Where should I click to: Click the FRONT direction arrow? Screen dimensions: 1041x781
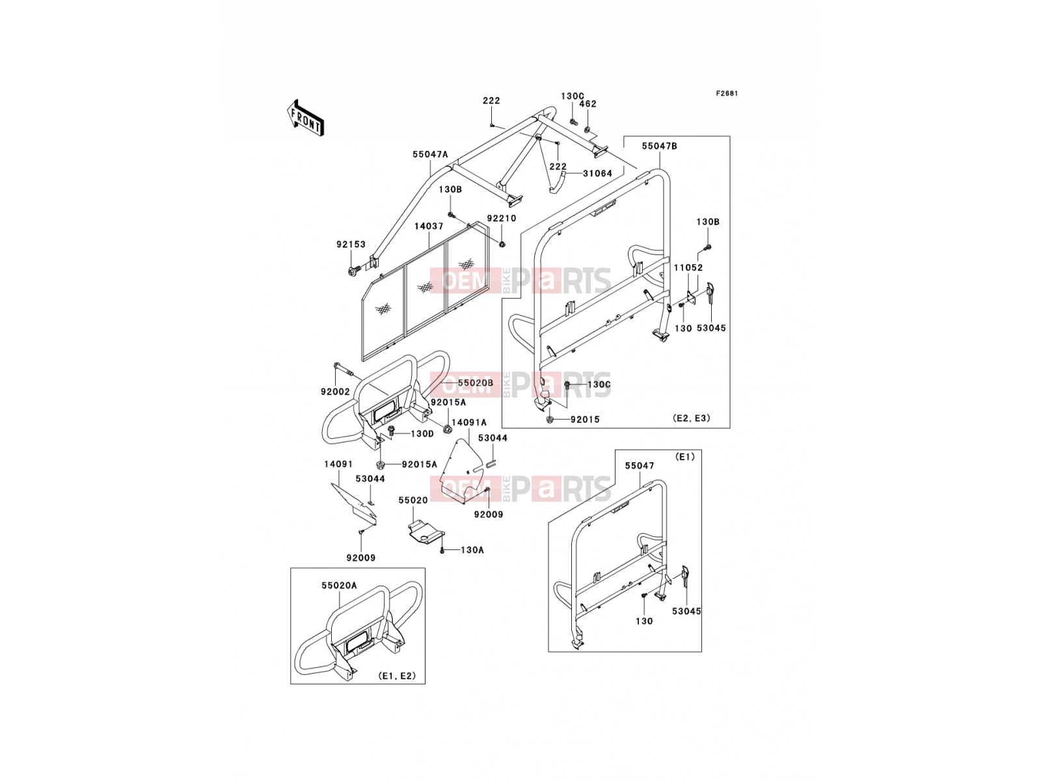coord(305,118)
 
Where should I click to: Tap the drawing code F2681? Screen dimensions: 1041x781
coord(727,94)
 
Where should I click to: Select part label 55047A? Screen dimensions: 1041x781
coord(430,154)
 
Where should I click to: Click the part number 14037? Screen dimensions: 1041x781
coord(429,226)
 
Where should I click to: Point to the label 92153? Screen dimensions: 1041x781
coord(351,245)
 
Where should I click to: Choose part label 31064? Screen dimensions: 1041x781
coord(597,174)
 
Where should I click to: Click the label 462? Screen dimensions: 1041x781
coord(588,104)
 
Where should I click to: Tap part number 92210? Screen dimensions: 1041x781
coord(501,219)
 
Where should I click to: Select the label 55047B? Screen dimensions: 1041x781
coord(659,146)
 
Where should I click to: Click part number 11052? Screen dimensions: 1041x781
coord(688,268)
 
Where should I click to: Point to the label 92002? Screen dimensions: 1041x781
coord(335,392)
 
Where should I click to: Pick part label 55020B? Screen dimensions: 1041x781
coord(475,383)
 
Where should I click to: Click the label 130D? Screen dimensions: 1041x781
coord(422,434)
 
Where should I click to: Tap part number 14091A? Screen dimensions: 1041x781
coord(469,422)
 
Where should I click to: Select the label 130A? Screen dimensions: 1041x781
coord(472,550)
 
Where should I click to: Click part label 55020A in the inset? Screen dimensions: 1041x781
coord(339,586)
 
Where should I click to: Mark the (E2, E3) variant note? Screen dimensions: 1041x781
coord(692,418)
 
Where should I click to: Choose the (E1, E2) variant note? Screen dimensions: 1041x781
coord(397,676)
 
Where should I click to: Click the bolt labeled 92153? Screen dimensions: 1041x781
coord(353,271)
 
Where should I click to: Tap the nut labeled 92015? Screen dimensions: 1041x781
coord(550,419)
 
